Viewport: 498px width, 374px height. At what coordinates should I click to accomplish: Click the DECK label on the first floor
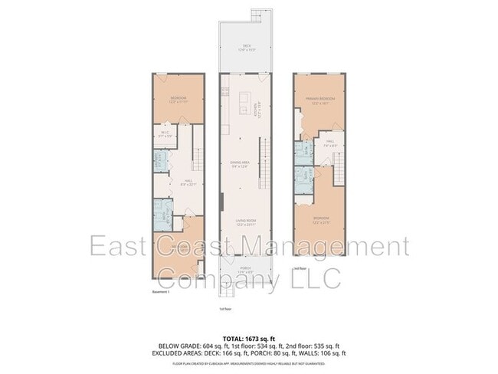tap(247, 47)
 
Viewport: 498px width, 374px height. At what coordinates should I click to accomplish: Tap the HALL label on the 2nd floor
tap(331, 142)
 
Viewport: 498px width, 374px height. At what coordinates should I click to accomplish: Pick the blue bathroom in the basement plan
tap(162, 216)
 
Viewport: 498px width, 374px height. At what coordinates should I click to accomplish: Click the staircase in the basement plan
tap(198, 160)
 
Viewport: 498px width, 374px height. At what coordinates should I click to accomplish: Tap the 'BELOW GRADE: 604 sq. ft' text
tap(185, 345)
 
